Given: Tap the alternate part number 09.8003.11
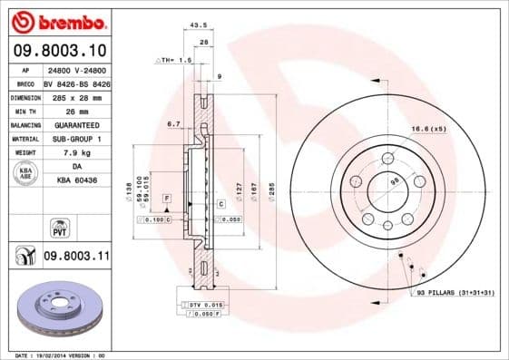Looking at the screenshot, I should click(x=76, y=258).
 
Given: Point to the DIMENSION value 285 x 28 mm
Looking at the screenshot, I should click(x=77, y=96).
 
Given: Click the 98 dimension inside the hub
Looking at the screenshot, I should click(x=396, y=180).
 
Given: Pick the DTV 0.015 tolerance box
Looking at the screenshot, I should click(x=202, y=304).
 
